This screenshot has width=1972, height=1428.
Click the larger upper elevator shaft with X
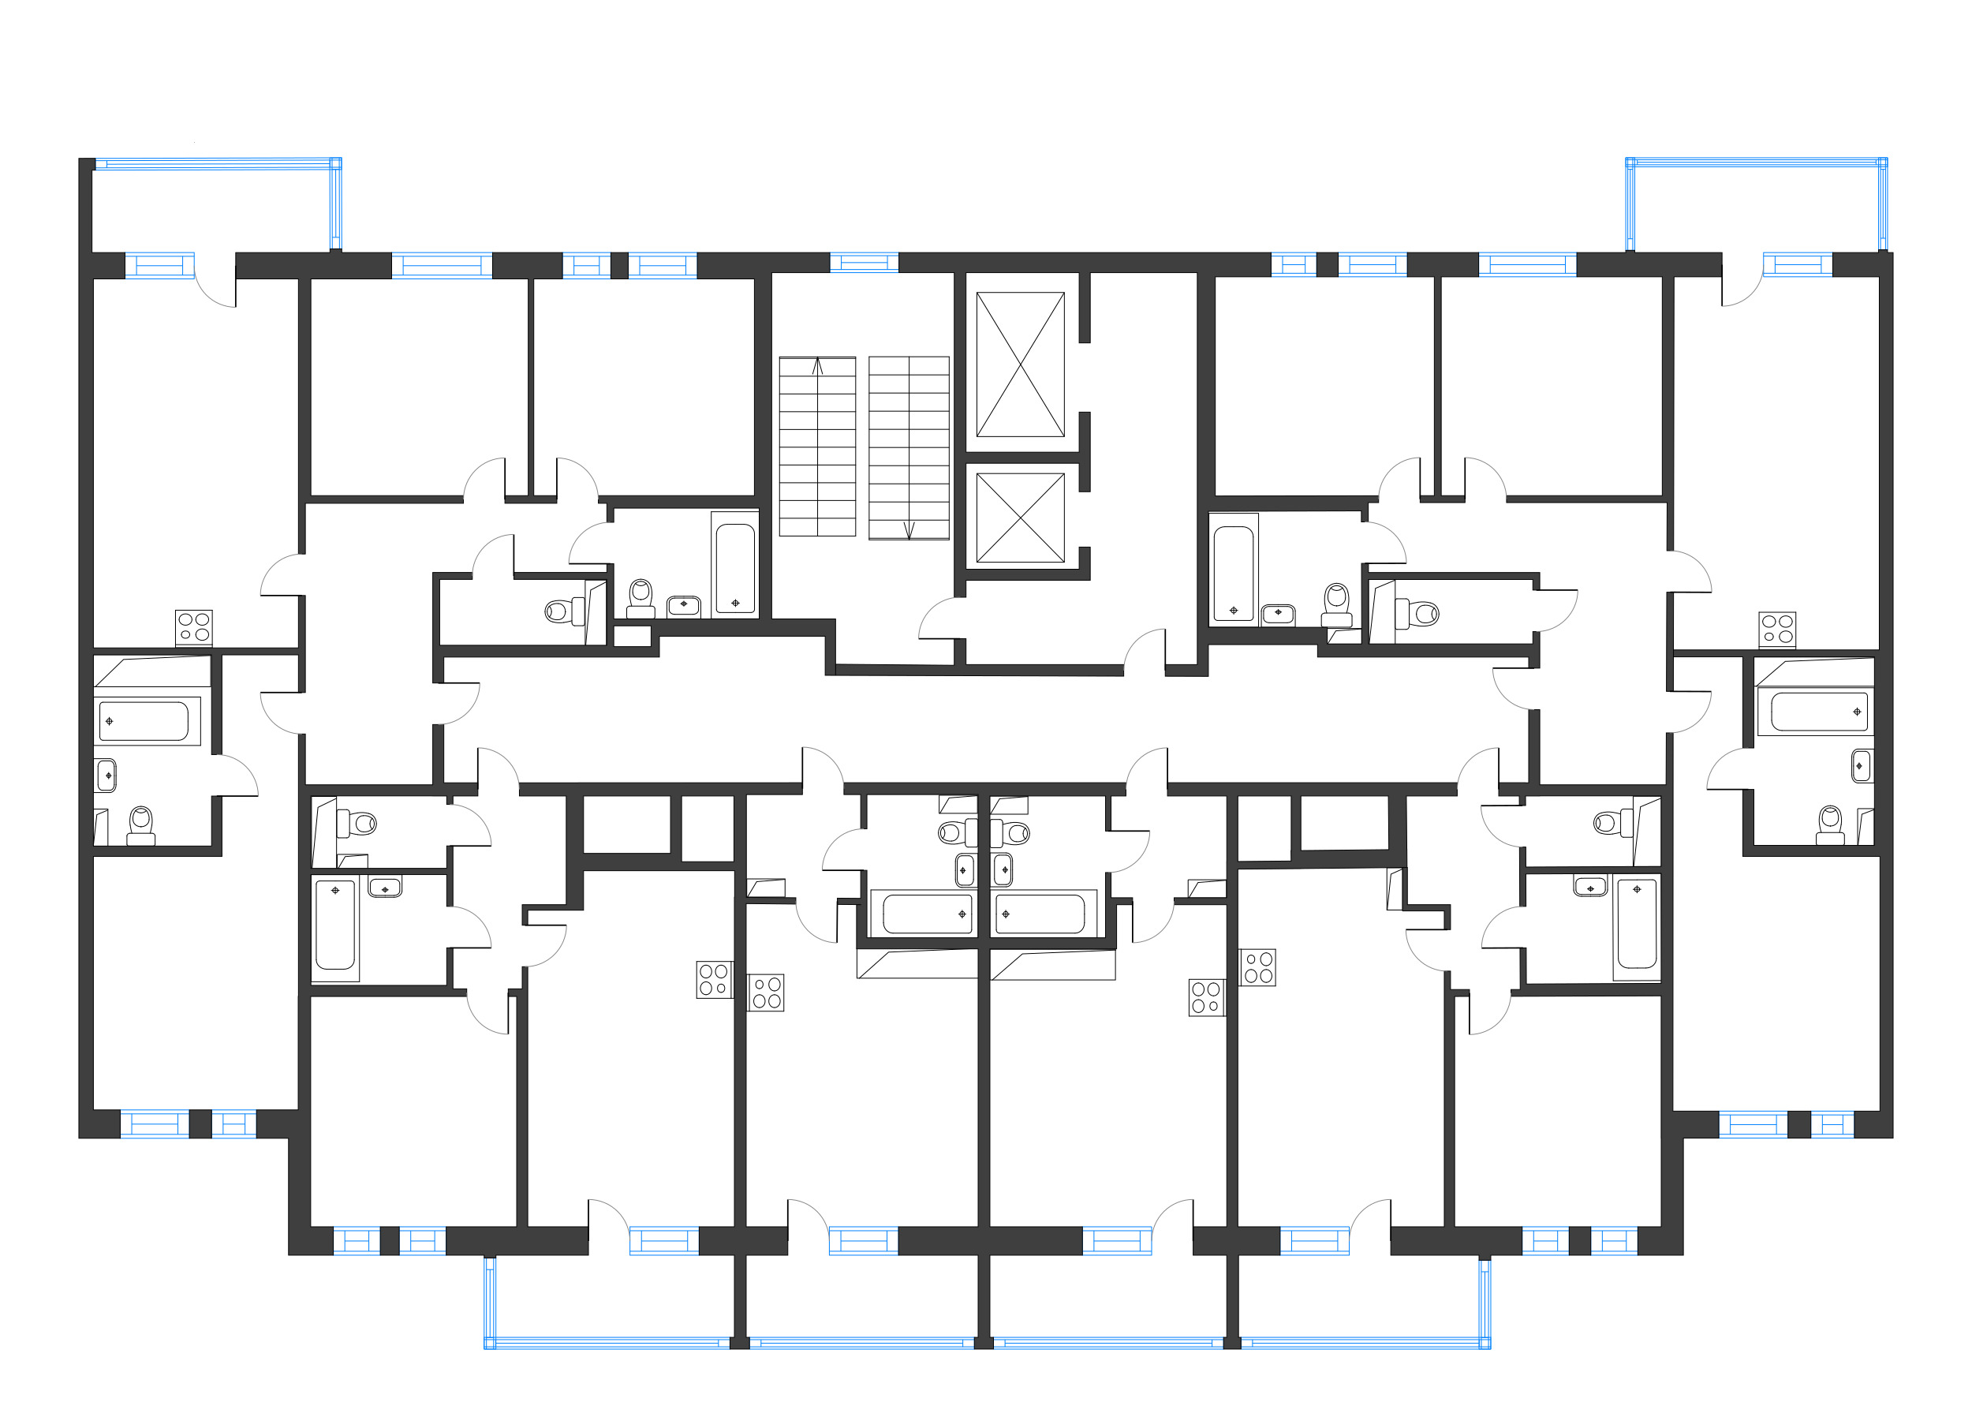click(1020, 364)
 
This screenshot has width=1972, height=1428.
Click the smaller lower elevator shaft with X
click(1020, 518)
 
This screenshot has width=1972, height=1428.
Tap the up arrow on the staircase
click(817, 366)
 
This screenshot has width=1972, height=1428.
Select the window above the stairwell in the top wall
click(864, 262)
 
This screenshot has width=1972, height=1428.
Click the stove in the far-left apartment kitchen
click(194, 628)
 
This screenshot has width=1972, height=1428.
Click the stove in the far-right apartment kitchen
click(1777, 630)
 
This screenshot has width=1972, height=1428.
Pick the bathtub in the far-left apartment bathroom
click(144, 721)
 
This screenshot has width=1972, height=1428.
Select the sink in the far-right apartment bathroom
click(1860, 766)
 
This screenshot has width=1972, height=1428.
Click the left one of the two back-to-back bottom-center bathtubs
click(927, 913)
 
